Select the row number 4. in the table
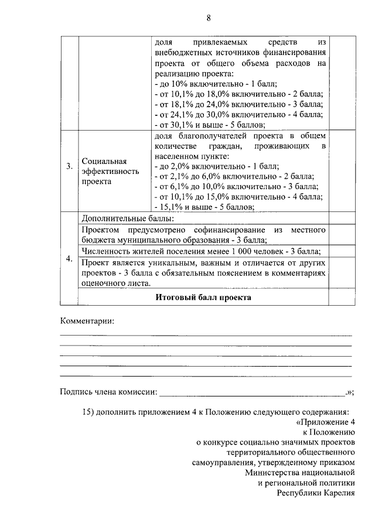[x=69, y=258]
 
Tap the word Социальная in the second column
[x=104, y=160]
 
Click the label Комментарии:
[x=87, y=321]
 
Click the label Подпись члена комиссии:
[x=108, y=392]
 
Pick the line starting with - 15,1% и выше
[x=203, y=206]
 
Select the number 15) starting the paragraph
[x=88, y=411]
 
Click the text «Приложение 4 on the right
[x=326, y=422]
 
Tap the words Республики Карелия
[x=316, y=493]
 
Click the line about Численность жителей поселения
[x=203, y=251]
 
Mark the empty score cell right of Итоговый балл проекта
[x=341, y=298]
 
